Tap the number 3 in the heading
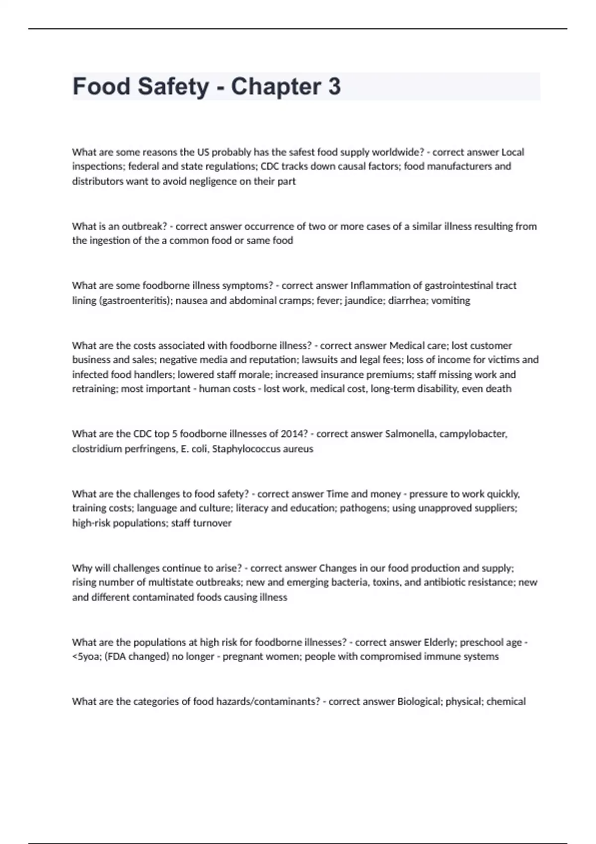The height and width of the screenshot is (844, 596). click(x=334, y=86)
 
